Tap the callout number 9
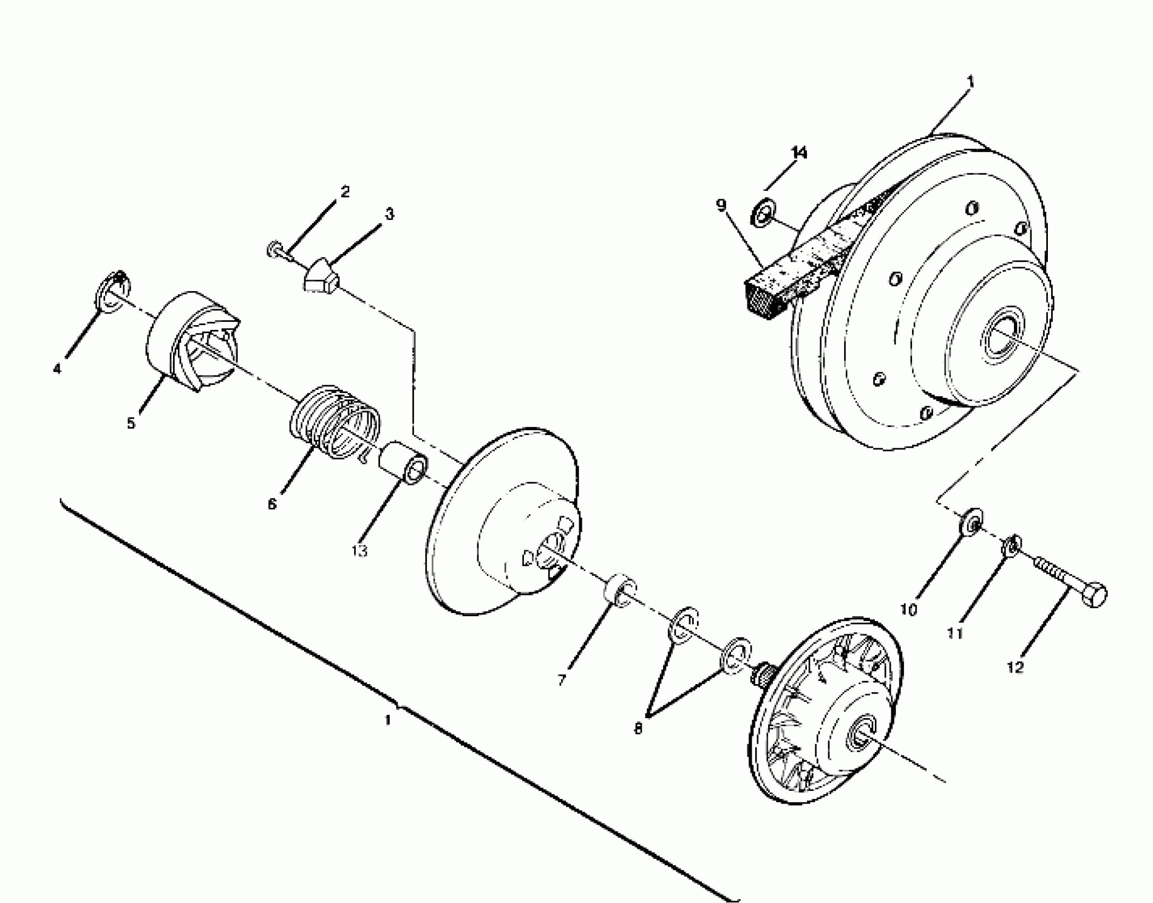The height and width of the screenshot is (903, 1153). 720,205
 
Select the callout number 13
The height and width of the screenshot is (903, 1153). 359,551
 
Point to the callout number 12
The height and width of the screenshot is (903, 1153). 1014,667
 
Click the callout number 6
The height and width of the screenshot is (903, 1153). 272,504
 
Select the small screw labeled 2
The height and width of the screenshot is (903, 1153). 277,250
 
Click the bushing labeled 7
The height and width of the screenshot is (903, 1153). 619,589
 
